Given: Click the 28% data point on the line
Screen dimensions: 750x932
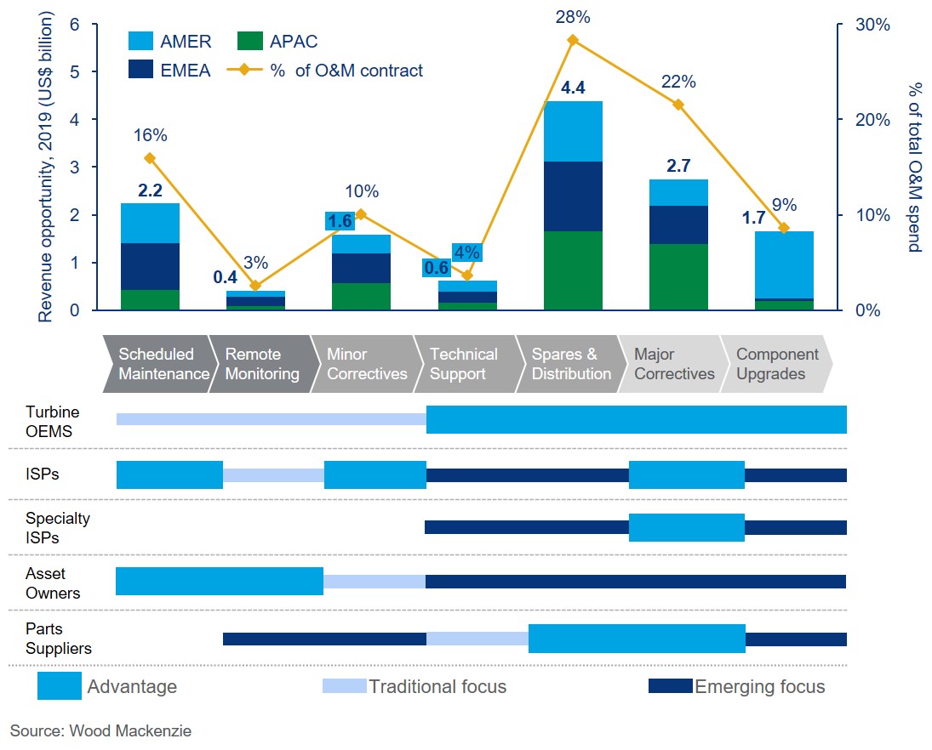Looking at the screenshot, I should point(573,40).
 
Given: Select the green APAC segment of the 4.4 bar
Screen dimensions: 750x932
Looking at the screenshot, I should point(573,270).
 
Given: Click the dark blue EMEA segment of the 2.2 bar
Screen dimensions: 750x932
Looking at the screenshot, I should point(150,266).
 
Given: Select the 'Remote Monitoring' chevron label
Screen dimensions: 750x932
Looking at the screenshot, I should point(261,364).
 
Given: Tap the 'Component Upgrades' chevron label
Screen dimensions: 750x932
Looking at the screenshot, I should point(776,364).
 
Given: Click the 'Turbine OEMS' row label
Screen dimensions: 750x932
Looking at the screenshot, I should point(50,420).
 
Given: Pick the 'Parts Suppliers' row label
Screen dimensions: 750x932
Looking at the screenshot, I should point(58,639).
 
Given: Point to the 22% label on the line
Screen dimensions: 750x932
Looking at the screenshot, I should point(678,82).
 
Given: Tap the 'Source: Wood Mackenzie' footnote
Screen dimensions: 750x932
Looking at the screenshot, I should point(100,730).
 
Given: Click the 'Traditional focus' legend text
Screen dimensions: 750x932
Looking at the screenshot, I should point(437,686).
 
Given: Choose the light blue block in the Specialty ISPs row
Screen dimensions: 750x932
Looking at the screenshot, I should point(687,527).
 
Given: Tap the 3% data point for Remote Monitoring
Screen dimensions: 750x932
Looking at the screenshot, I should point(255,286).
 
